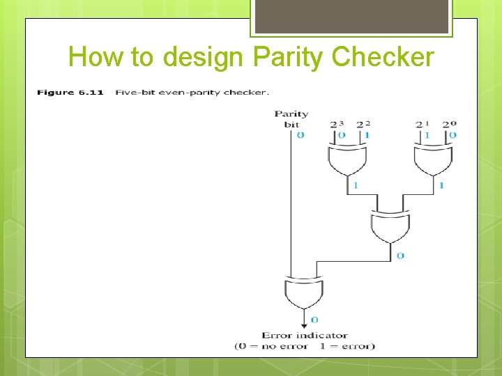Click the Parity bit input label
[x=291, y=119]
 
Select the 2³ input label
[x=337, y=124]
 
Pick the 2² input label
[x=363, y=124]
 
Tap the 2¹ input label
[x=423, y=124]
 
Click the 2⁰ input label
[x=450, y=124]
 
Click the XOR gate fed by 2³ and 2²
[x=347, y=161]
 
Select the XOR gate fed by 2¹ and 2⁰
[x=432, y=161]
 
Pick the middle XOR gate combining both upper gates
[x=390, y=225]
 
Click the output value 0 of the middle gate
[x=400, y=256]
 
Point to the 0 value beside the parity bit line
[x=300, y=135]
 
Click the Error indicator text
[x=304, y=336]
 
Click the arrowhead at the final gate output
[x=304, y=323]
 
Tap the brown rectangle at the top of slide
[x=351, y=17]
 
